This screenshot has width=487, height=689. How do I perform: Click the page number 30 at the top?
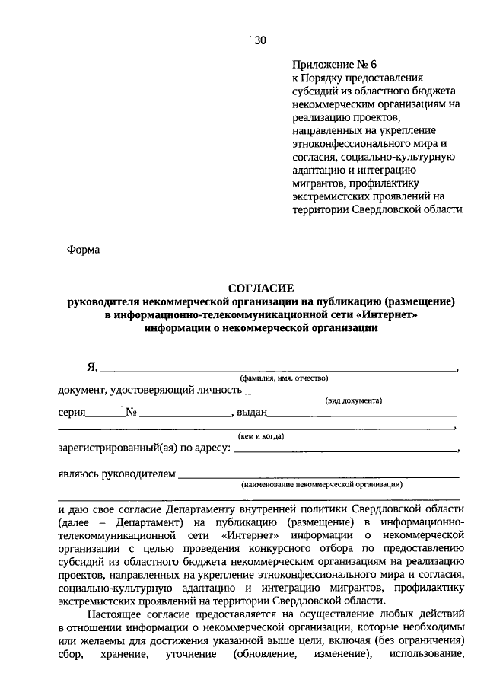[257, 41]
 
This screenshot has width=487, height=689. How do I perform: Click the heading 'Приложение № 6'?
[329, 65]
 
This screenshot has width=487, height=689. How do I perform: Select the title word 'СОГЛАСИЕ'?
[261, 288]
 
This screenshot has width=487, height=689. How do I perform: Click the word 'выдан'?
[251, 413]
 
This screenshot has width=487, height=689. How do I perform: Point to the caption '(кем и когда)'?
[261, 436]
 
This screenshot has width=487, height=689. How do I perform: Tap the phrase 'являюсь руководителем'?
[116, 474]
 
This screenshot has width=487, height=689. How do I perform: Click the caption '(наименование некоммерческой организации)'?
[321, 484]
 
